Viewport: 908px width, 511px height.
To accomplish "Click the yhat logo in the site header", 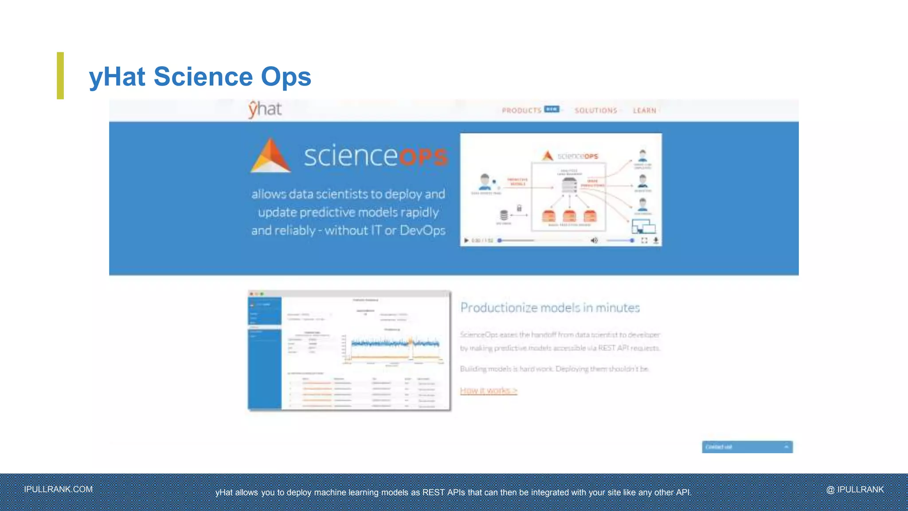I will click(x=265, y=110).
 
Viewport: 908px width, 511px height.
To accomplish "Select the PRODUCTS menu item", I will click(x=521, y=110).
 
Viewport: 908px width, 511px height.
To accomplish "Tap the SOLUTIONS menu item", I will click(x=596, y=110).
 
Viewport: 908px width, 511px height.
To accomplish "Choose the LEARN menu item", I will click(x=644, y=110).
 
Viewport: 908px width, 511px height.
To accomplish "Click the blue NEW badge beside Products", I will click(x=552, y=109).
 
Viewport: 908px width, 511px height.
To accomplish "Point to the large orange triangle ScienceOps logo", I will click(x=270, y=156).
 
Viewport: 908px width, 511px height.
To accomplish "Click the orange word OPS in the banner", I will click(x=423, y=157).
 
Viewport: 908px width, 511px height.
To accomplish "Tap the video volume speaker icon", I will click(x=594, y=240).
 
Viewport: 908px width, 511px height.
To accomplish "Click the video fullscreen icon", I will click(x=644, y=240).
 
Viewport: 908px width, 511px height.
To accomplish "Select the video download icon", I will click(x=656, y=240).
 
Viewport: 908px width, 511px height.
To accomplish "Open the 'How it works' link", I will click(x=489, y=390).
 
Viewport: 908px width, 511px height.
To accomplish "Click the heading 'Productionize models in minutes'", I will click(x=550, y=307).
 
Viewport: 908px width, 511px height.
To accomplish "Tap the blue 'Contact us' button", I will click(x=747, y=447).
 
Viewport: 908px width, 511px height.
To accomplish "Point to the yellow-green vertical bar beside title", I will click(x=60, y=75).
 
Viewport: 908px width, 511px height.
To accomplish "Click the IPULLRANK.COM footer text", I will click(x=59, y=489).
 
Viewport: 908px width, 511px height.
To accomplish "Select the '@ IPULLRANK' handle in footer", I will click(x=855, y=489).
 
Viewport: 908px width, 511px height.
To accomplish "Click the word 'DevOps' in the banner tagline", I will click(x=422, y=231).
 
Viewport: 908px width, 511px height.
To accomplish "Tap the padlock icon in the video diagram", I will click(x=519, y=208).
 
